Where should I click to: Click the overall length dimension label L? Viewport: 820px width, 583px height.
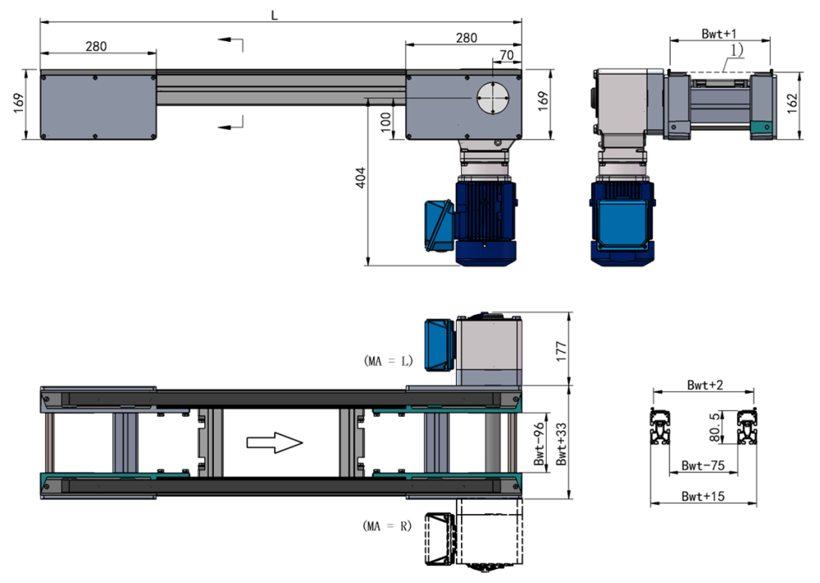(x=275, y=15)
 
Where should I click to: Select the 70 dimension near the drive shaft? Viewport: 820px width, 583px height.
(x=506, y=55)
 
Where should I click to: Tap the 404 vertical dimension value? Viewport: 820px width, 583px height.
(x=358, y=180)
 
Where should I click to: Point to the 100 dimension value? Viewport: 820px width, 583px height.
(x=385, y=119)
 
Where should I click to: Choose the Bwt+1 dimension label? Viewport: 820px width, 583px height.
(x=719, y=33)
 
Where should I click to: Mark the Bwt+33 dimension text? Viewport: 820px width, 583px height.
(x=560, y=444)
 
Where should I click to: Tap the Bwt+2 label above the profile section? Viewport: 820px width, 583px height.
(x=704, y=384)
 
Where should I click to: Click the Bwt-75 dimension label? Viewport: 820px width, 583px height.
(x=704, y=465)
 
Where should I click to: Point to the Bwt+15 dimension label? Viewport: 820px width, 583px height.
(x=704, y=496)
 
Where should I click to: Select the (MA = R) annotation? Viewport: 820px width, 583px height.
(x=387, y=524)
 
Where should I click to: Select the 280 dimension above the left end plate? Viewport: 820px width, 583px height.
(x=96, y=47)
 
